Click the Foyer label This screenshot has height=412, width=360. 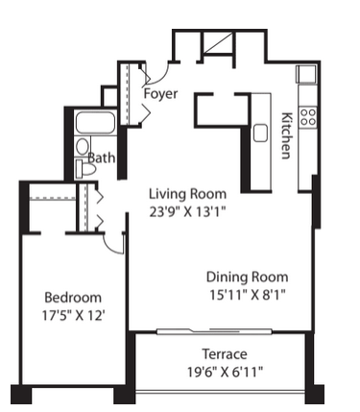(160, 94)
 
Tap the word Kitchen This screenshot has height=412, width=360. (286, 135)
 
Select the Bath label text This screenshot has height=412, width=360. (102, 158)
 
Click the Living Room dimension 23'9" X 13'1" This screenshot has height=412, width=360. (188, 211)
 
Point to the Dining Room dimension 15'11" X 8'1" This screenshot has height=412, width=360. (247, 294)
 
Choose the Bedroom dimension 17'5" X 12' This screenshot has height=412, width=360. (74, 316)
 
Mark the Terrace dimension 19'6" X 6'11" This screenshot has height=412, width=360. (225, 372)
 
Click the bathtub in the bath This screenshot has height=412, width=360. (95, 122)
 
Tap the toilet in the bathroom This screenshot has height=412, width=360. (85, 169)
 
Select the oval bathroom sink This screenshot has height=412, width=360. (83, 147)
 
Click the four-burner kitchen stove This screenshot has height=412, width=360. (308, 117)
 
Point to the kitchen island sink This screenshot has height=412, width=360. (260, 133)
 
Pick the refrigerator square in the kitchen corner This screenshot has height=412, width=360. (306, 74)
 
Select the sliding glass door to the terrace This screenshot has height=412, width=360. (214, 331)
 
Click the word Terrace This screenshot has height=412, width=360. (225, 354)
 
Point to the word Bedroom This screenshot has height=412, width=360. (73, 298)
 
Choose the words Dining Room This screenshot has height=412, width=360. (247, 277)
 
